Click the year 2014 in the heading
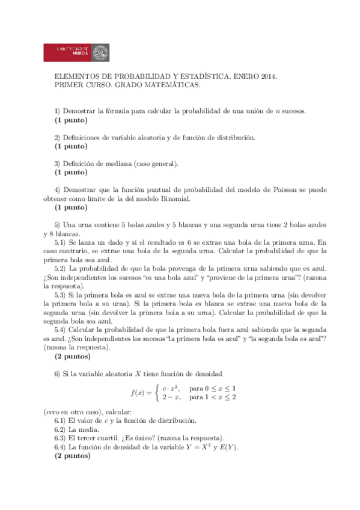[266, 77]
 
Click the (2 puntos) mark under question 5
[73, 356]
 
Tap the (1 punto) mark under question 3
[71, 172]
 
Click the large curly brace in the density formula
[156, 393]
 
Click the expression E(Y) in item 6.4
[228, 447]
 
